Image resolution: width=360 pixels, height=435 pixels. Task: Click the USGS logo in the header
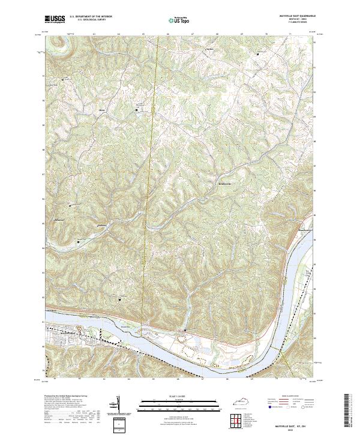point(55,19)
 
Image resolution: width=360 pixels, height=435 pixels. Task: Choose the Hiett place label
point(102,110)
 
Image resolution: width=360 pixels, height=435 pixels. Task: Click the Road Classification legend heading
point(292,397)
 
